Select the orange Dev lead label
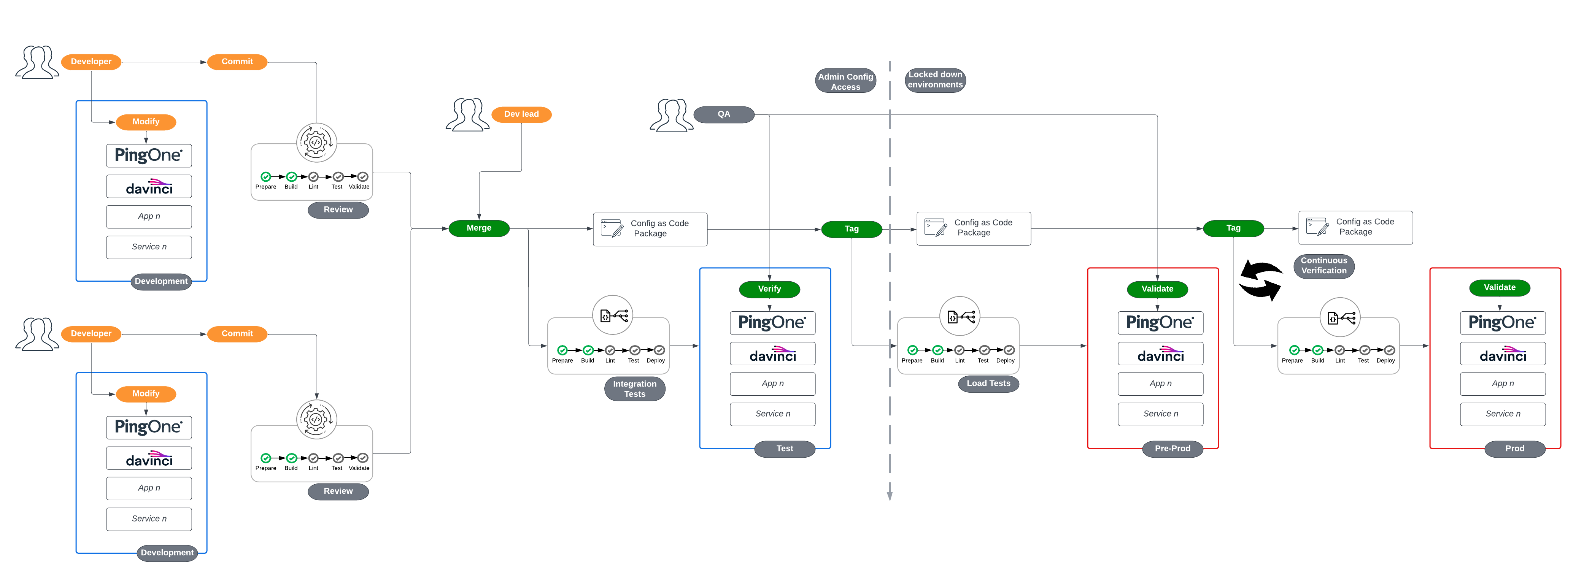pyautogui.click(x=521, y=114)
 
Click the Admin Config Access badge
pyautogui.click(x=845, y=81)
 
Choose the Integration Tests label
pyautogui.click(x=634, y=389)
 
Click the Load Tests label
pyautogui.click(x=988, y=383)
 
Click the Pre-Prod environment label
pyautogui.click(x=1172, y=449)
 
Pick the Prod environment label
pyautogui.click(x=1514, y=449)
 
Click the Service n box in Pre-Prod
pyautogui.click(x=1160, y=414)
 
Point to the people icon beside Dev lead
pyautogui.click(x=467, y=115)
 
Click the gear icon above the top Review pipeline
pyautogui.click(x=316, y=143)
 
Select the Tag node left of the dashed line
pyautogui.click(x=851, y=228)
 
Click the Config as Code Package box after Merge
pyautogui.click(x=650, y=229)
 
